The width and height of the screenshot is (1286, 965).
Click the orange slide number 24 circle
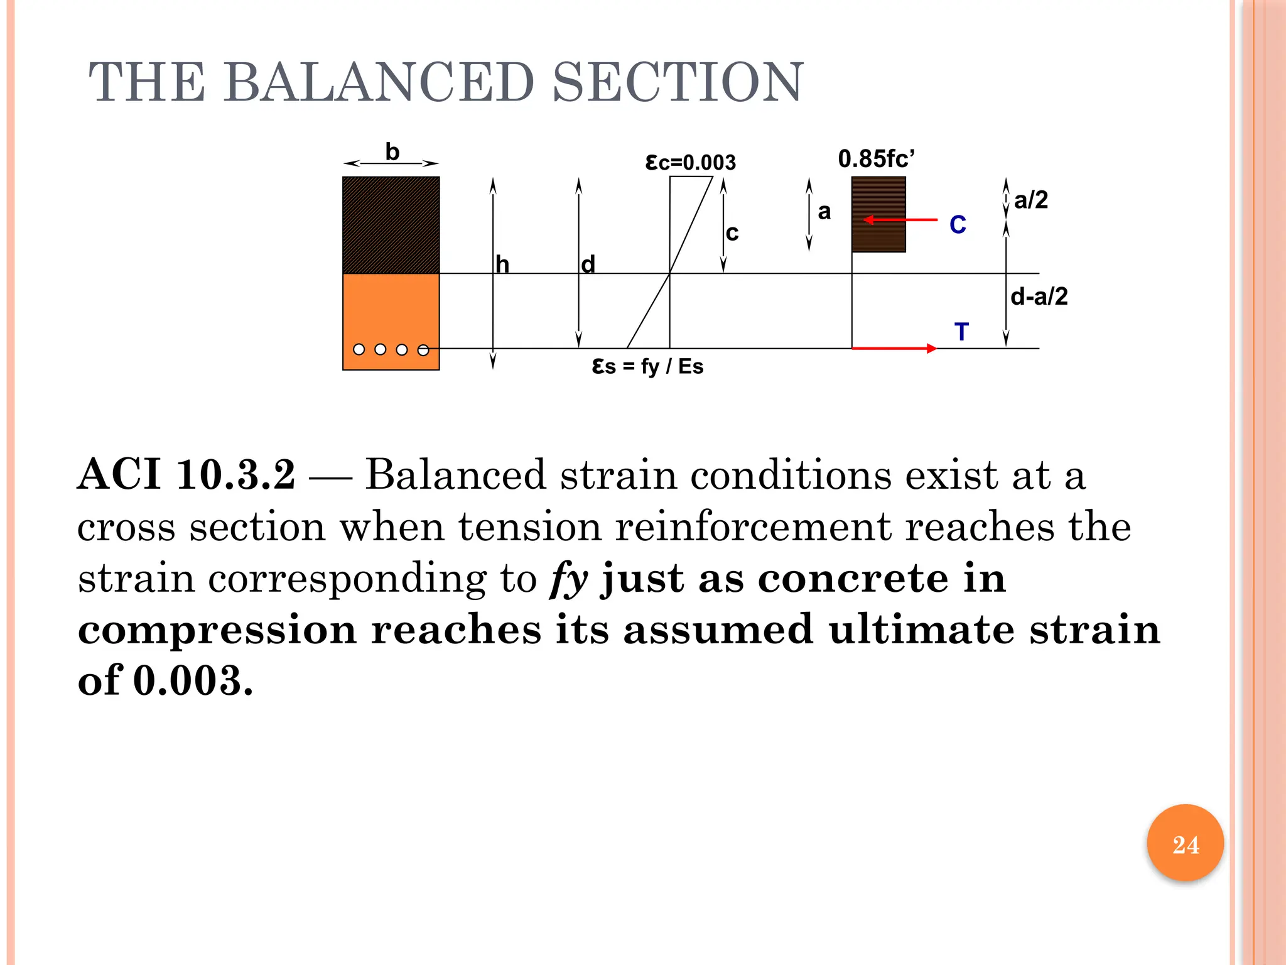point(1185,843)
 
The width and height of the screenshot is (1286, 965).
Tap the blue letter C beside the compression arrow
point(958,225)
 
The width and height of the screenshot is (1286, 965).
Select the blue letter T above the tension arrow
point(961,332)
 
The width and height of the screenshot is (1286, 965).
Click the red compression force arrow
point(900,220)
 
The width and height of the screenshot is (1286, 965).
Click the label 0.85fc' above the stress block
point(877,159)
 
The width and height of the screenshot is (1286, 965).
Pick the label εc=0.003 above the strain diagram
point(690,163)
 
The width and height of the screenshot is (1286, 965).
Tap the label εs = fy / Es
point(647,366)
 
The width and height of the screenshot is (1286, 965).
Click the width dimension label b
point(392,152)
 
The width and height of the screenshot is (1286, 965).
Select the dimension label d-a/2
point(1039,297)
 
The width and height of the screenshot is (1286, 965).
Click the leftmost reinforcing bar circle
point(359,349)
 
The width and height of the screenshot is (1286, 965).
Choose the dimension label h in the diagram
point(502,264)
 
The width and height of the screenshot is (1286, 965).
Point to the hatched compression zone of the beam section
point(391,225)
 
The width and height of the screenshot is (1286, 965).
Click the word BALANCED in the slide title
point(379,82)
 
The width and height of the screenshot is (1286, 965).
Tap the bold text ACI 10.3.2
point(186,474)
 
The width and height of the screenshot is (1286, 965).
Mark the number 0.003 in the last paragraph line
point(193,680)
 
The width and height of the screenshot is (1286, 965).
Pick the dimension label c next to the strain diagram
point(732,233)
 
